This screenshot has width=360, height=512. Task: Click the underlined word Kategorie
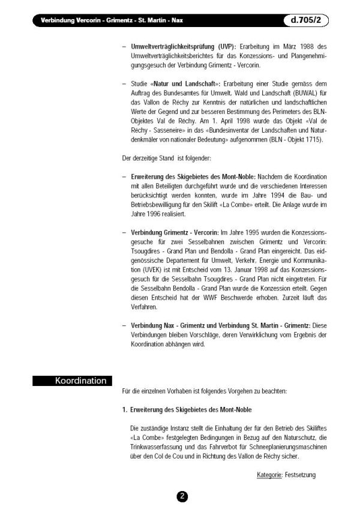click(x=269, y=475)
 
